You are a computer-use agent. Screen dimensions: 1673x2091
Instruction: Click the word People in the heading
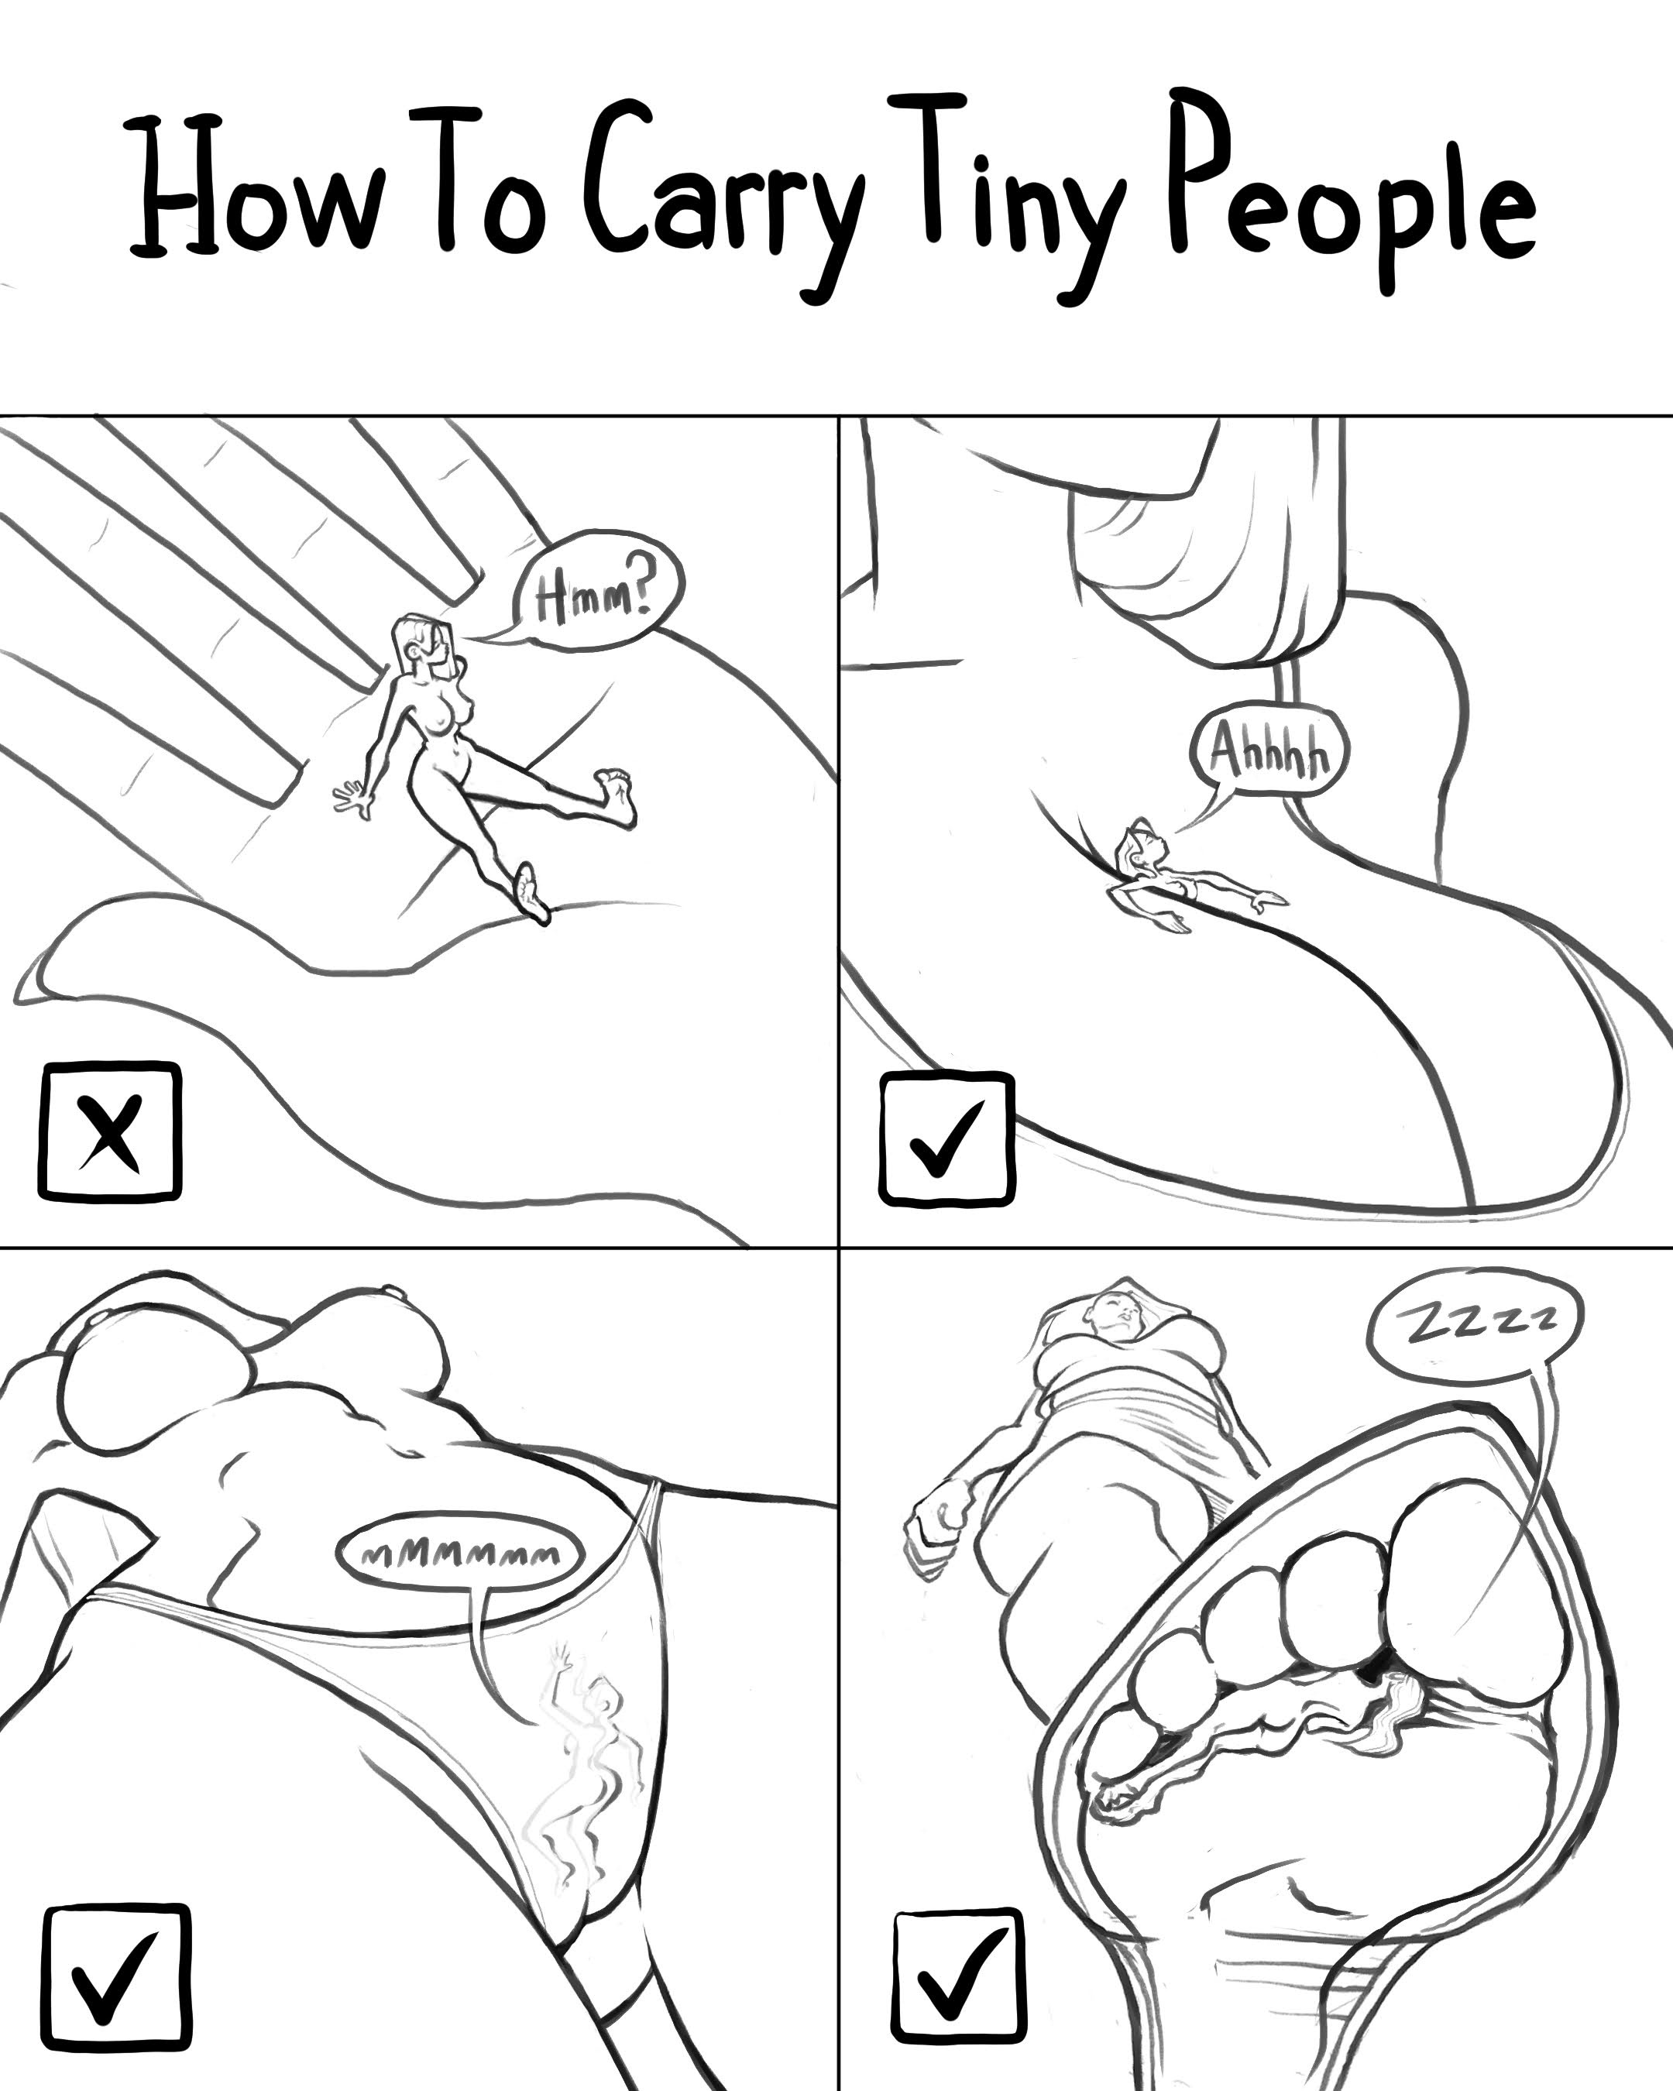point(1354,189)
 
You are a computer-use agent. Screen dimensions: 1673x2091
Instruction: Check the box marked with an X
point(109,1131)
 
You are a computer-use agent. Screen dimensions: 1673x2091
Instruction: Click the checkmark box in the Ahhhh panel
point(947,1138)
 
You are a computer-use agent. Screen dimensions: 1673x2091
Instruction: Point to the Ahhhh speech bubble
point(1266,753)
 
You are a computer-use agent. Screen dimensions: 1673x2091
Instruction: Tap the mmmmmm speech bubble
point(460,1553)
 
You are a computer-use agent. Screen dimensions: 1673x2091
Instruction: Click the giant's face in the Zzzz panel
point(1122,1308)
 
